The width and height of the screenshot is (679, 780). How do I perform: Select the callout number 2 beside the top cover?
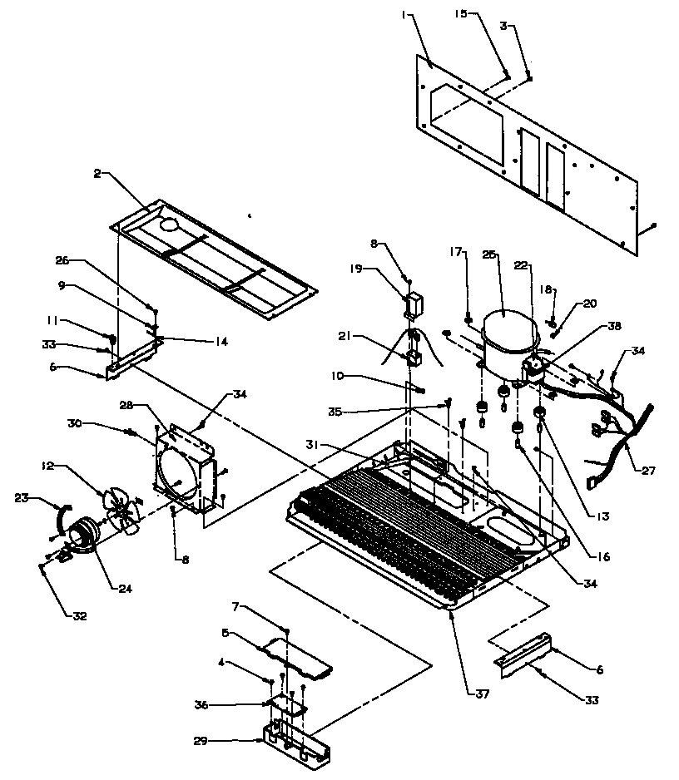tap(98, 173)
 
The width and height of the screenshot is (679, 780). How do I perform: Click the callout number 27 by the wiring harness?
tap(647, 471)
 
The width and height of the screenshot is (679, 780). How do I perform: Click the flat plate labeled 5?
tap(295, 656)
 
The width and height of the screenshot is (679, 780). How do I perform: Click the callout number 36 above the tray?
tap(201, 704)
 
